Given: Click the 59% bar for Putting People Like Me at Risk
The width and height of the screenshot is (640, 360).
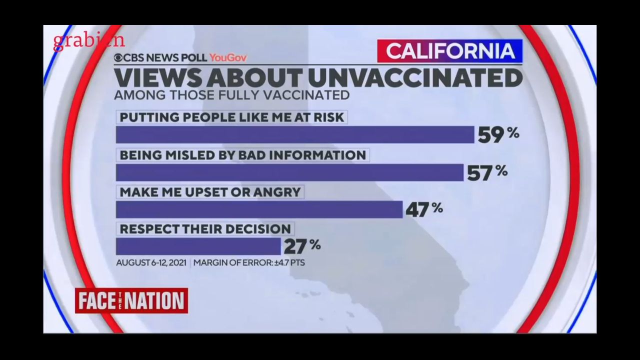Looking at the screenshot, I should point(295,134).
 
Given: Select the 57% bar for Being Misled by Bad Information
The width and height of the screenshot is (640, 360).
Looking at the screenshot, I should point(289,172).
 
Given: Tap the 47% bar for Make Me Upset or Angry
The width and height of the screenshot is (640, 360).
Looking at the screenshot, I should point(259,209).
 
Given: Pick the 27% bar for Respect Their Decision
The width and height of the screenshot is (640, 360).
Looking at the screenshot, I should point(198,246).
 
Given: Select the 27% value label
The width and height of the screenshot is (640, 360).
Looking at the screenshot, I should point(302,246).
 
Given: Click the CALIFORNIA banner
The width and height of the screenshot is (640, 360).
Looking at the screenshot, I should point(449,51).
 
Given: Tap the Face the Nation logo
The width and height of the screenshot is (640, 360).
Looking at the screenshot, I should point(131,301).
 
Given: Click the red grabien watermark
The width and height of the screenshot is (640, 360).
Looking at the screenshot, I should point(88,41).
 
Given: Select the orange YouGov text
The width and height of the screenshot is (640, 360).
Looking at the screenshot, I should point(228,58).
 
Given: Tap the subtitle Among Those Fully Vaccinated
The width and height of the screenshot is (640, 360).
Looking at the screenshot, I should point(231,94).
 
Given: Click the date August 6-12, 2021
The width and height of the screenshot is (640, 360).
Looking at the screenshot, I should point(151,262).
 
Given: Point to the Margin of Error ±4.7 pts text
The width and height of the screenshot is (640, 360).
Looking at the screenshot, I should point(249,262).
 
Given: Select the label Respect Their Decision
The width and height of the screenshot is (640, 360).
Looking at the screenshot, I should point(205,229).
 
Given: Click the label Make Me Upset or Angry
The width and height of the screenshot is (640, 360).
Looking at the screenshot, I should point(210,192).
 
